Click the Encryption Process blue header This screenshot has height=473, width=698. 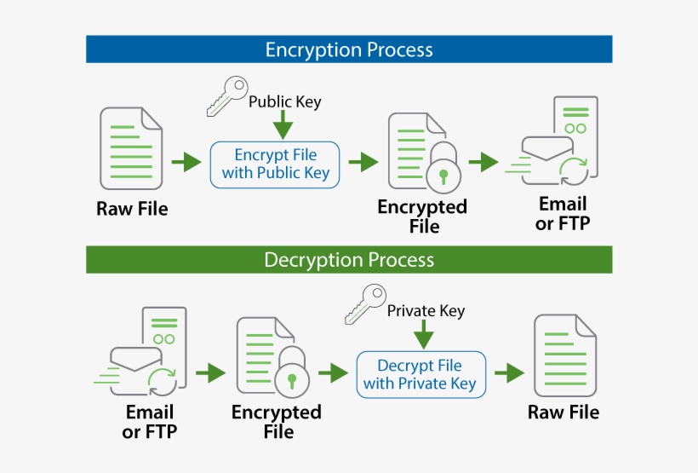[x=349, y=49]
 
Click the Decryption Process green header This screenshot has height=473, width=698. [x=349, y=260]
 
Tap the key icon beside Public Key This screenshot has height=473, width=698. [x=226, y=96]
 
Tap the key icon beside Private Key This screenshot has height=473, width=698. [x=364, y=304]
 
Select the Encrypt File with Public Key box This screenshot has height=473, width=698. [x=275, y=164]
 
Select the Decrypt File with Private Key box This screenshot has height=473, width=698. [x=421, y=374]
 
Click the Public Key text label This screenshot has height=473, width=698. [x=284, y=102]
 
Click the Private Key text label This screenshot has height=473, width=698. [x=426, y=310]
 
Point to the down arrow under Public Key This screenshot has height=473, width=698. [x=283, y=127]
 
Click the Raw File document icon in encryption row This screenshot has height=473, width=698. [x=131, y=148]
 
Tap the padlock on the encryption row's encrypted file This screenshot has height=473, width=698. [x=443, y=171]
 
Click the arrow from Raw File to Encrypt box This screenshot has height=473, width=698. [x=186, y=163]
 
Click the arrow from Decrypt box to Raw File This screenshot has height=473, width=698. [x=509, y=373]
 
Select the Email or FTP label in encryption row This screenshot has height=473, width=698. [x=563, y=214]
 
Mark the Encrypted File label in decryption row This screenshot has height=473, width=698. [x=277, y=422]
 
